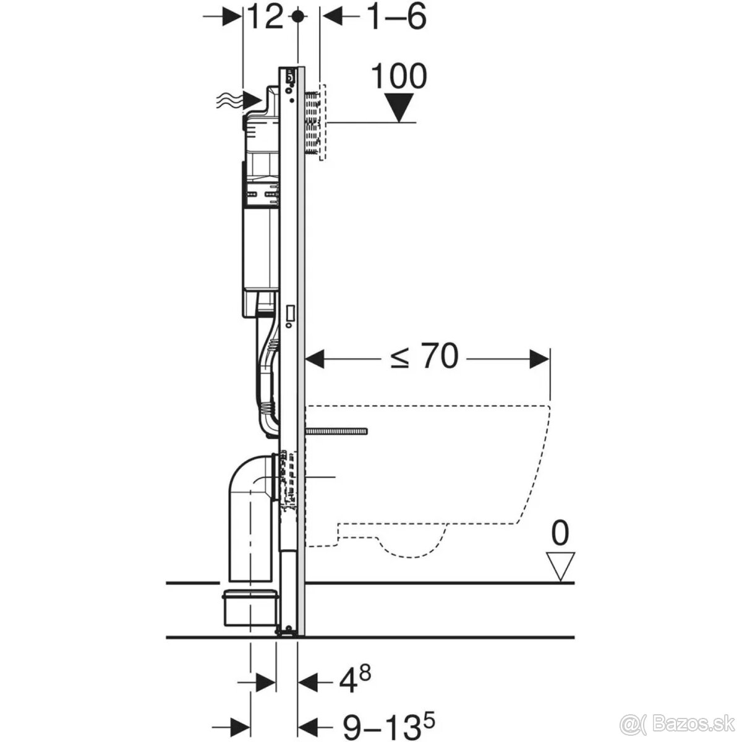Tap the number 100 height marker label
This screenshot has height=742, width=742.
399,77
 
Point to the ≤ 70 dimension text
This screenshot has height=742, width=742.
425,357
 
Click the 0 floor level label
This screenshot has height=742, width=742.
560,533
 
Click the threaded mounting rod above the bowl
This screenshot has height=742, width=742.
337,430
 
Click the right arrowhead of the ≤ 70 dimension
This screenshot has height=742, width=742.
540,358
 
